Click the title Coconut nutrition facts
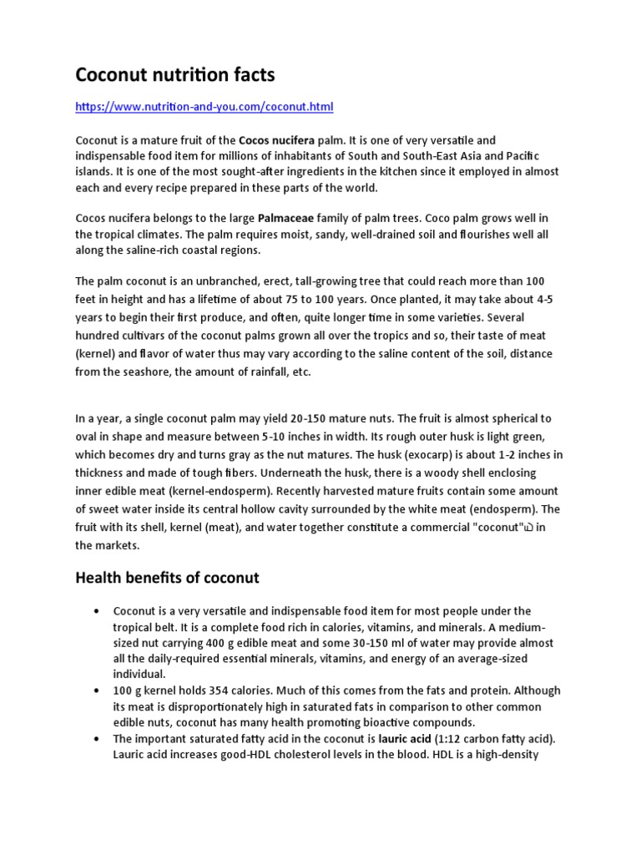(x=174, y=76)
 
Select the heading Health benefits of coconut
(x=167, y=578)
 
